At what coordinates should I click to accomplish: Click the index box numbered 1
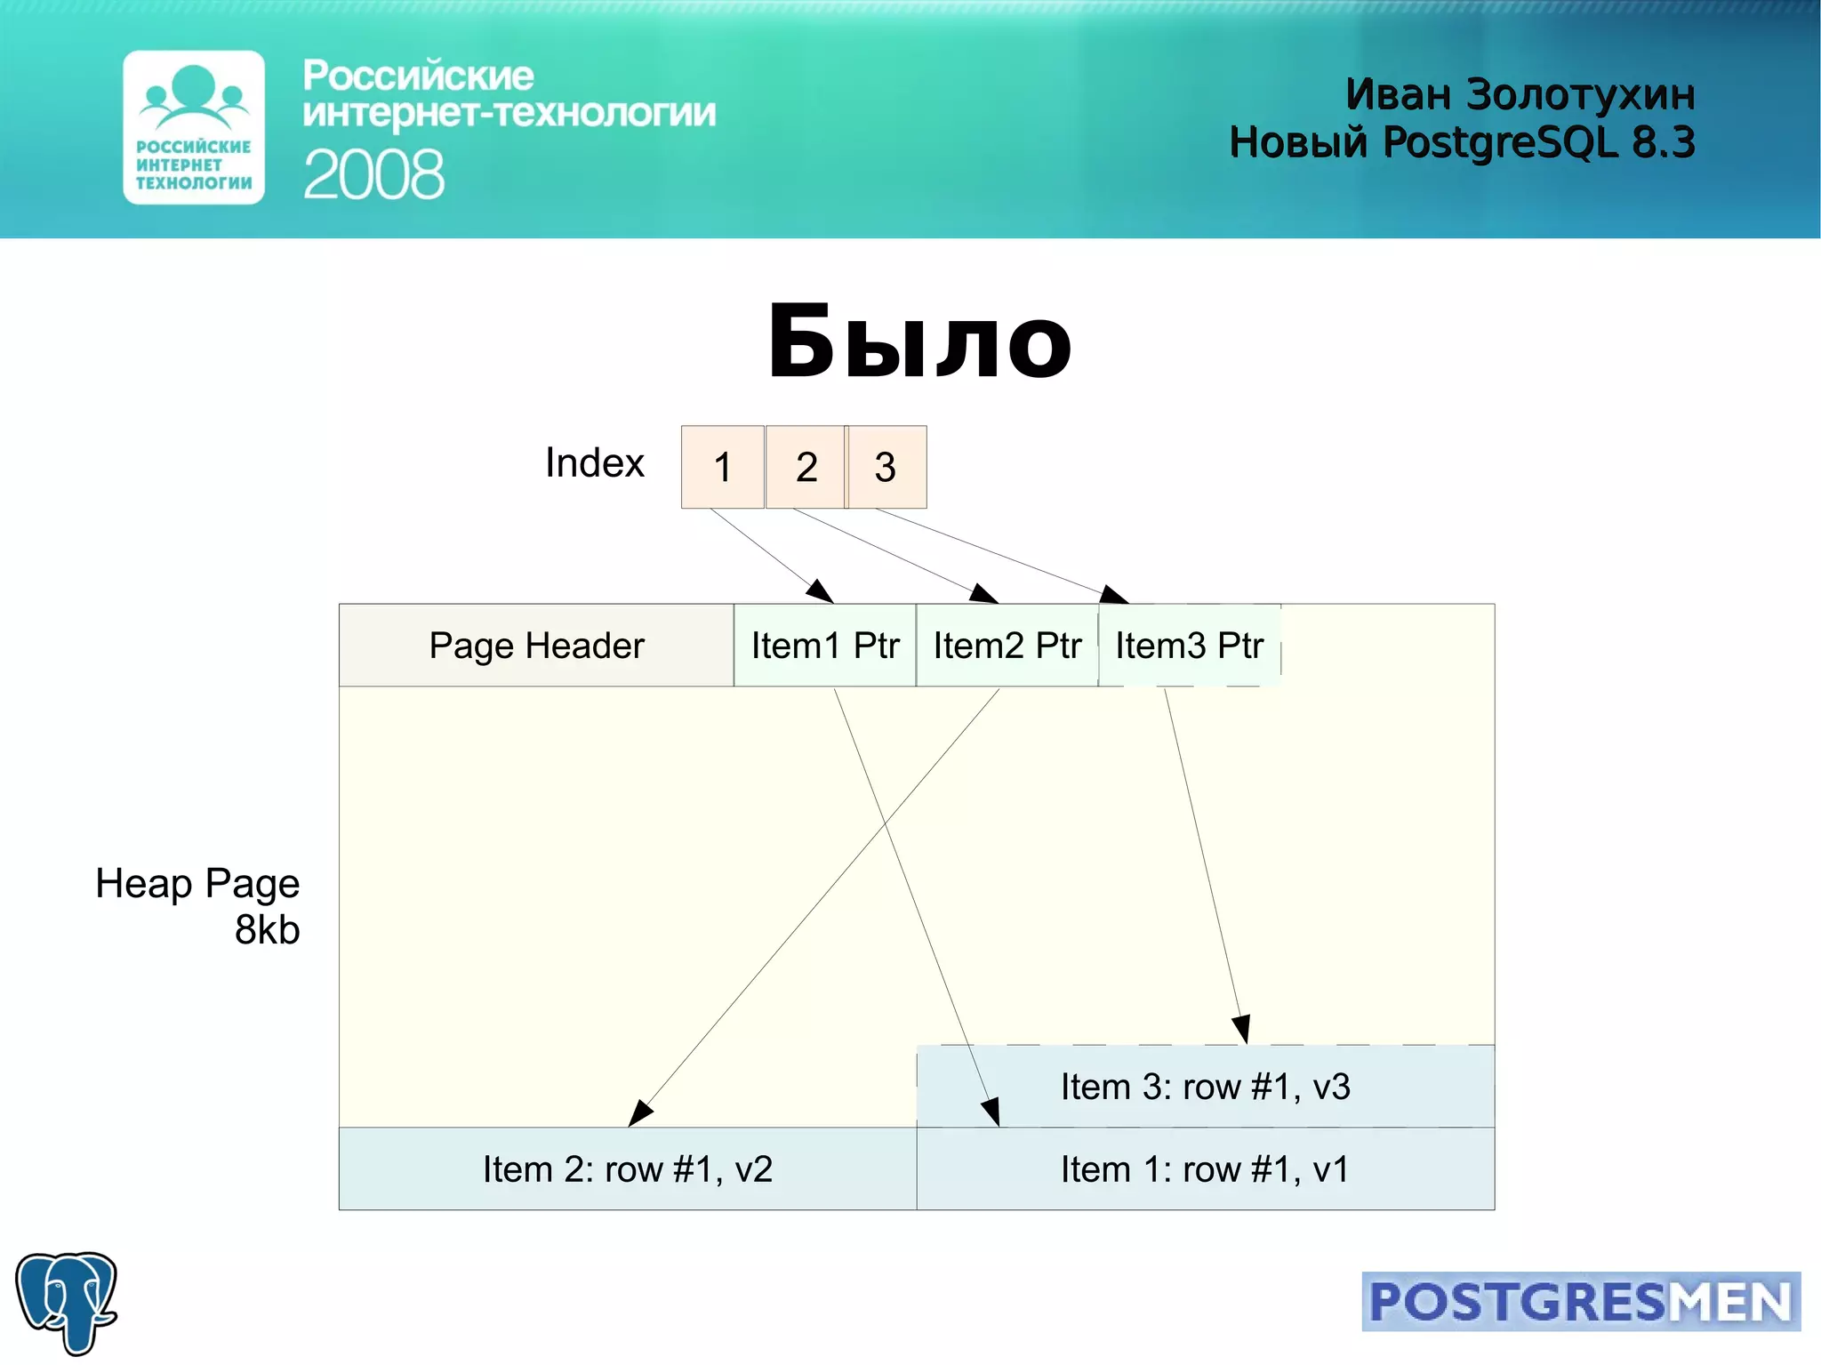point(722,467)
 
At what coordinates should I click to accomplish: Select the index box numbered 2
point(806,467)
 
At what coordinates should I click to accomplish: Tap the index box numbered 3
point(886,467)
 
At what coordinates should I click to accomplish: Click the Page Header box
point(536,646)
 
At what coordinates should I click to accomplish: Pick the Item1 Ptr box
point(825,646)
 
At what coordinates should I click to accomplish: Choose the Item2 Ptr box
point(1007,646)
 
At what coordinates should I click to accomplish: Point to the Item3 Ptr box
point(1190,646)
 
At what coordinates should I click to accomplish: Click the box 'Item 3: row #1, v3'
point(1206,1087)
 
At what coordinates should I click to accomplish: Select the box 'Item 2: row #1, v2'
point(628,1169)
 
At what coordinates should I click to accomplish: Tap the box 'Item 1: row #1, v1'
point(1206,1169)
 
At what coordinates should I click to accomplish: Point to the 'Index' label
point(594,463)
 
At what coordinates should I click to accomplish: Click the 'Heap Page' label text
point(197,884)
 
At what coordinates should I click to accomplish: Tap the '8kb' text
point(267,930)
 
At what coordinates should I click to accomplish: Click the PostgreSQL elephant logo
point(67,1302)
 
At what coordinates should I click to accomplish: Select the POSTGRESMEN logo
point(1581,1302)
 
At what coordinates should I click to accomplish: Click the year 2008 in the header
point(373,175)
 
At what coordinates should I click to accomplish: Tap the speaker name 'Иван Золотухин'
point(1520,94)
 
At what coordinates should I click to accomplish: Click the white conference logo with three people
point(194,127)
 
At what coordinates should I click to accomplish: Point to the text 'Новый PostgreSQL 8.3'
point(1462,142)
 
